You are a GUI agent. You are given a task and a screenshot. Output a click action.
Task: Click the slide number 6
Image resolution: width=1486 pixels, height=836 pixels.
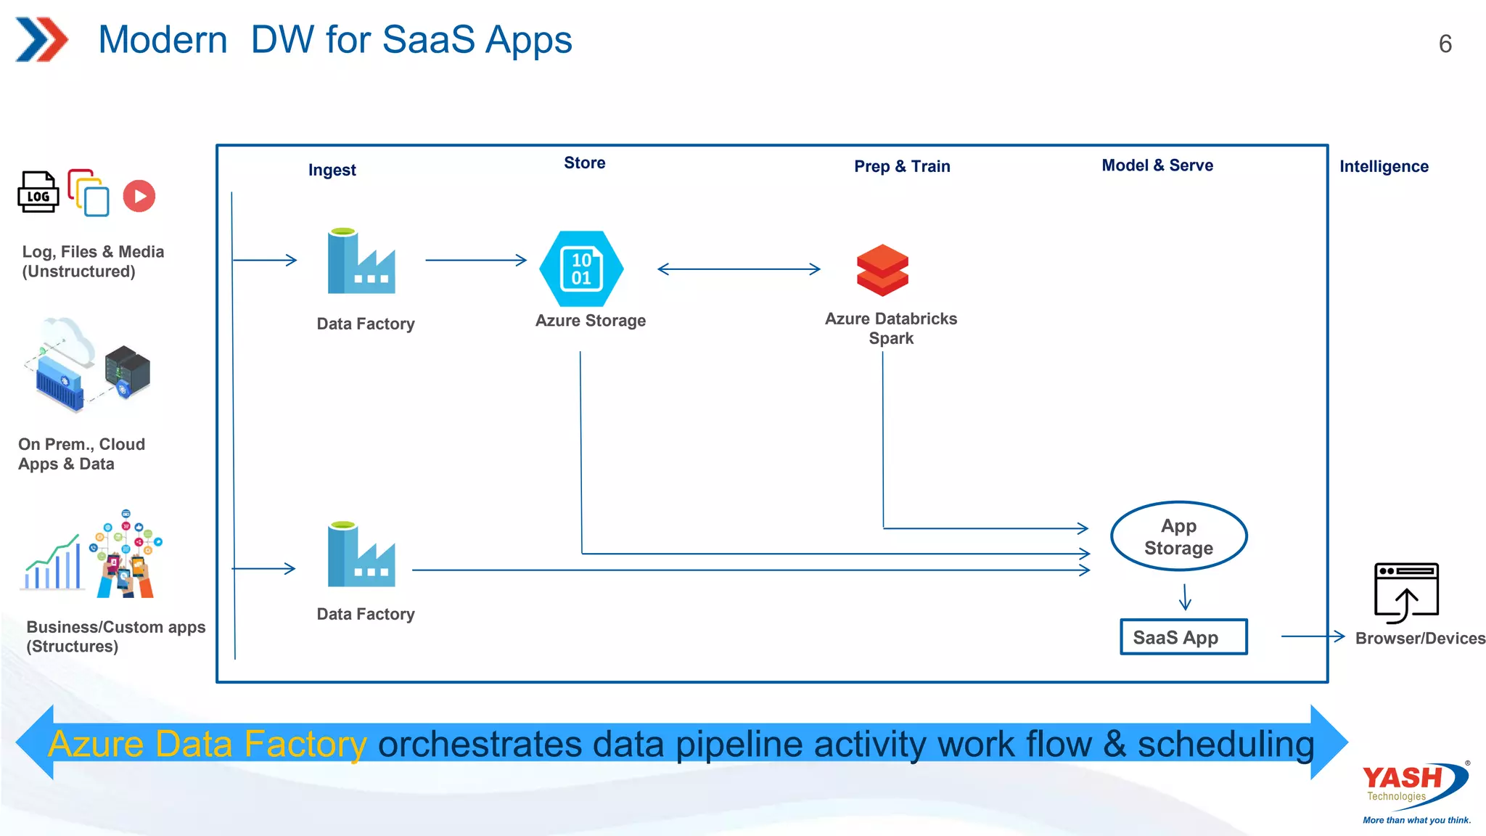(1445, 44)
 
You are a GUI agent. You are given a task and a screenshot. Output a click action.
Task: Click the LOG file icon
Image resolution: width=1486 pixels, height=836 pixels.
(38, 192)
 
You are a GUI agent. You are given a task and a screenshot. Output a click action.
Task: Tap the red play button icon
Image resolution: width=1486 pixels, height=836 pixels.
(139, 196)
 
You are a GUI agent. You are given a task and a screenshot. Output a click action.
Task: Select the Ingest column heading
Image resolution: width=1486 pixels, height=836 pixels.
(332, 170)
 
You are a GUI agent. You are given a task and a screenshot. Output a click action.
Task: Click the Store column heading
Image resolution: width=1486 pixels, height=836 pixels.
(584, 163)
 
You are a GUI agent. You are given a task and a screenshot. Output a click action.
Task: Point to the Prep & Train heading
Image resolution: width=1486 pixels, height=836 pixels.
(902, 166)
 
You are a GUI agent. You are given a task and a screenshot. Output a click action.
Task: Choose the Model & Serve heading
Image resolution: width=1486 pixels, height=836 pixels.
(1157, 165)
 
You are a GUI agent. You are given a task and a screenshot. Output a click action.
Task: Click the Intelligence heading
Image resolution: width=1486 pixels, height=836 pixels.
(1383, 166)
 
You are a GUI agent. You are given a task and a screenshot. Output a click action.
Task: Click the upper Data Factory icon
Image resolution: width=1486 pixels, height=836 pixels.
(361, 262)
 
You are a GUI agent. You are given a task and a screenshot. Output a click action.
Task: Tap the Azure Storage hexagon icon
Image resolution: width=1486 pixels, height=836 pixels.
(581, 269)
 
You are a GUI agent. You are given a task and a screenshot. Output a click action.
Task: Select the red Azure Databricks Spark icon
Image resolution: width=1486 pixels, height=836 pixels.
(882, 270)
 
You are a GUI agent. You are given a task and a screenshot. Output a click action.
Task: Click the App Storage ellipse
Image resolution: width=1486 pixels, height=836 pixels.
(1178, 536)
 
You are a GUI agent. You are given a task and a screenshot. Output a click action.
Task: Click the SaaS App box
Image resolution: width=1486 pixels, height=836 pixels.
(1183, 637)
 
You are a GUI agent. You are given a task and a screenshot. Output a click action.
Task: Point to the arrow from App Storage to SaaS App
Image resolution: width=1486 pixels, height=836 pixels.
(1185, 597)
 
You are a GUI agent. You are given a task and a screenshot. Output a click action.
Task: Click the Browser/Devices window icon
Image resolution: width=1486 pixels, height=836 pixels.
(1406, 592)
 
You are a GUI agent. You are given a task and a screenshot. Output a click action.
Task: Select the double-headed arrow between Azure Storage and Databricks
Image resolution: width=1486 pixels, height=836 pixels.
(739, 269)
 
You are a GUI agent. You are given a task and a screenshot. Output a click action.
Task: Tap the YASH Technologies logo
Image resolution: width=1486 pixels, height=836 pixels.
(1415, 787)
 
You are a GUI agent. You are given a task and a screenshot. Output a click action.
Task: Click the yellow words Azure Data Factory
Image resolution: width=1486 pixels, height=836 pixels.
(208, 744)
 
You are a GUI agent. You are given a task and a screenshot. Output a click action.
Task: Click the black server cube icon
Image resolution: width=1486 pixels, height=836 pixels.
(128, 371)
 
